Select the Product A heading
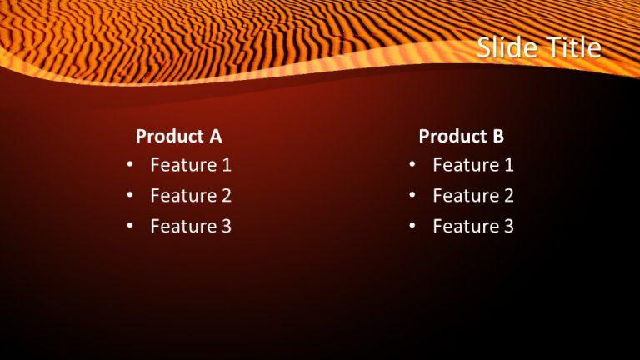178,136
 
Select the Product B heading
461,136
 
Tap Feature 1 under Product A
190,165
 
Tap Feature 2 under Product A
190,196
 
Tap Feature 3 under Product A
190,226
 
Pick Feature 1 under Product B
472,165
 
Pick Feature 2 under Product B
472,196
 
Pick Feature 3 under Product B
472,226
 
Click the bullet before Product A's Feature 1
130,165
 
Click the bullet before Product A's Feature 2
130,196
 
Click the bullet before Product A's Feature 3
130,226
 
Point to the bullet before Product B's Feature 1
412,165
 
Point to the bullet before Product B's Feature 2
412,196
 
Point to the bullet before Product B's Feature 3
412,226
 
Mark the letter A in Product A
215,136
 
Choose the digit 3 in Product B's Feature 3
508,226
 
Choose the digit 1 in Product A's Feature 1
226,165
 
